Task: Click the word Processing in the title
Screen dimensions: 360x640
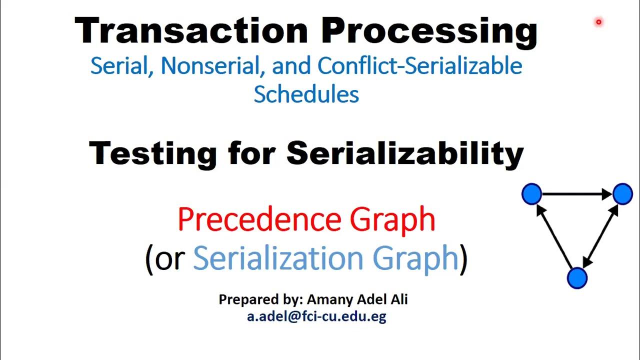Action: pyautogui.click(x=429, y=31)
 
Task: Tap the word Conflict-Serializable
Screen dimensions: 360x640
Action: pyautogui.click(x=419, y=66)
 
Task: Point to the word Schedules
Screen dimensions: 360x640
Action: pyautogui.click(x=306, y=93)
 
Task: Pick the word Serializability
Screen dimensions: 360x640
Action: pyautogui.click(x=405, y=152)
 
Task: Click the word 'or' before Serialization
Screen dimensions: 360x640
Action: pyautogui.click(x=170, y=258)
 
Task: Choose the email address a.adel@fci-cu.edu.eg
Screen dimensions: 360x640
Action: pyautogui.click(x=316, y=316)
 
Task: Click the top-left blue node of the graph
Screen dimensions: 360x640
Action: pyautogui.click(x=531, y=194)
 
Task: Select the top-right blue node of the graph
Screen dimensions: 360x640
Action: pyautogui.click(x=622, y=194)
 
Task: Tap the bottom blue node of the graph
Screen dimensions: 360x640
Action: pyautogui.click(x=577, y=278)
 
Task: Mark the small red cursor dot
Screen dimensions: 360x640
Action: pyautogui.click(x=598, y=22)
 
